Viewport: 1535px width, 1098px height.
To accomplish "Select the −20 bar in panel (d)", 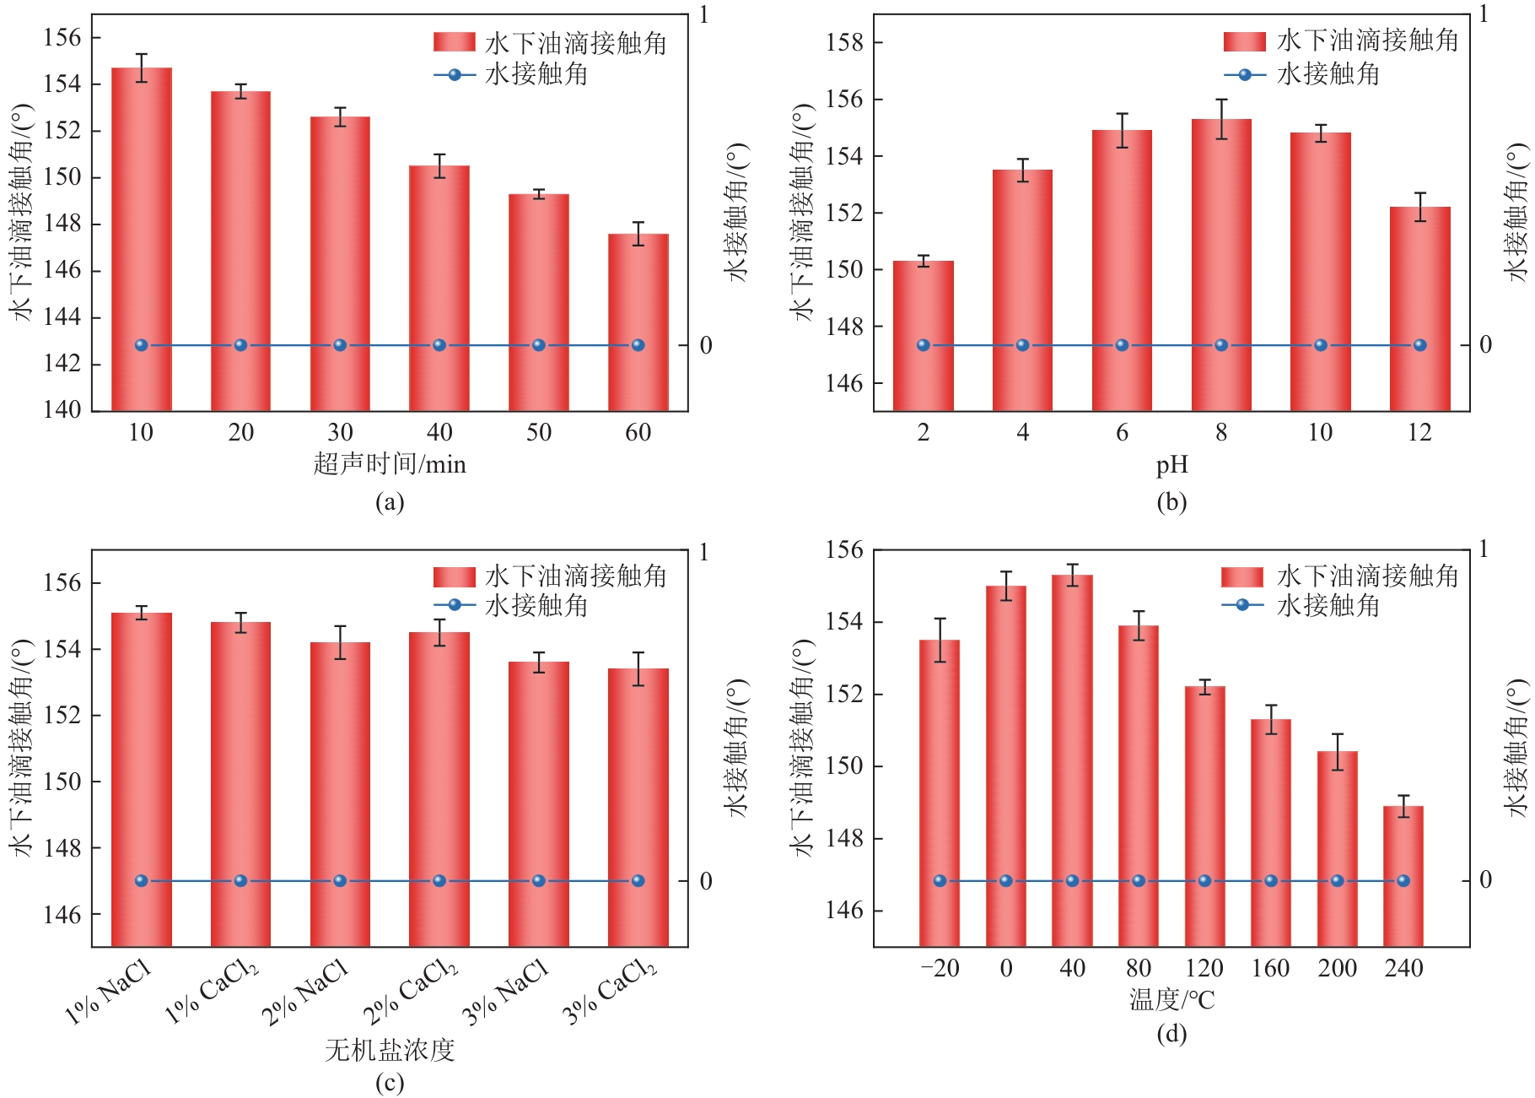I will pyautogui.click(x=940, y=793).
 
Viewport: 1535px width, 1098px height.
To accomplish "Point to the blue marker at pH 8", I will pyautogui.click(x=1221, y=345).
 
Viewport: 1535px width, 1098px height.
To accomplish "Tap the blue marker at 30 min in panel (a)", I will pyautogui.click(x=340, y=345).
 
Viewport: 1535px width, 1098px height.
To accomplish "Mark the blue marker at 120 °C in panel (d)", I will pyautogui.click(x=1204, y=881).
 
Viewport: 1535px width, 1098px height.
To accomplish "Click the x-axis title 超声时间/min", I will pyautogui.click(x=390, y=464).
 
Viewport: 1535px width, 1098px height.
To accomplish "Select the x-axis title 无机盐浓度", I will pyautogui.click(x=390, y=1050).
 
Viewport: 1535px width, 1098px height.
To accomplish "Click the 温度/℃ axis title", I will pyautogui.click(x=1171, y=1000).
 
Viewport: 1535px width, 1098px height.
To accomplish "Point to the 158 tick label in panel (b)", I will pyautogui.click(x=844, y=42).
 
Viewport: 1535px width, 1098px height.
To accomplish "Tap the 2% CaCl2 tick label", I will pyautogui.click(x=411, y=992).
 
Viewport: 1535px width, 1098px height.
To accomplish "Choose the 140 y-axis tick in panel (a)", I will pyautogui.click(x=62, y=410).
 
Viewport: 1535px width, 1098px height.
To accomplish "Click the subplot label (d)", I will pyautogui.click(x=1171, y=1034).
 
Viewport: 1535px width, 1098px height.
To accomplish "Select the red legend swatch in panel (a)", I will pyautogui.click(x=454, y=42).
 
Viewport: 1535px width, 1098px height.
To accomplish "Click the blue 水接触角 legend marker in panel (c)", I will pyautogui.click(x=455, y=605).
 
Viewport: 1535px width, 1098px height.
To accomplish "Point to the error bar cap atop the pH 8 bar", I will pyautogui.click(x=1221, y=100).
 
